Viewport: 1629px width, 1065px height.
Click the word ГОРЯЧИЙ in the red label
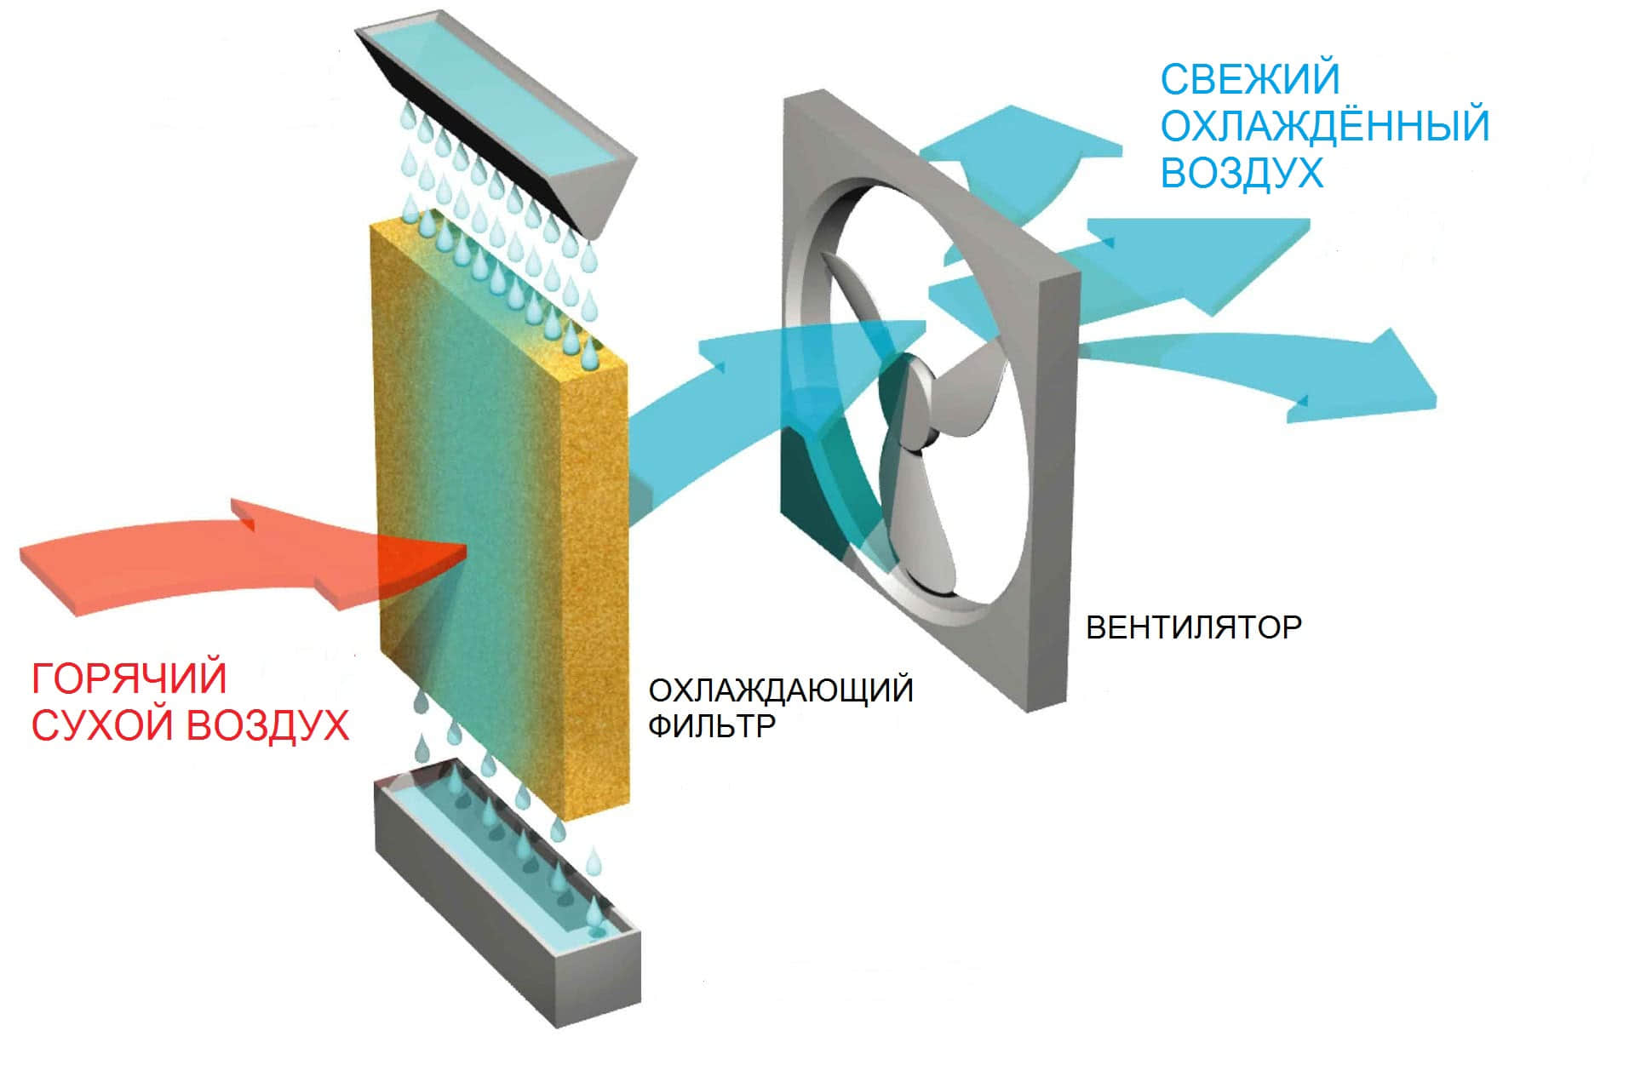tap(129, 679)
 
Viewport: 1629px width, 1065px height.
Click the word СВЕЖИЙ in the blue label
tap(1249, 80)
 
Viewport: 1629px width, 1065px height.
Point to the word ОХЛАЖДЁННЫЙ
tap(1324, 126)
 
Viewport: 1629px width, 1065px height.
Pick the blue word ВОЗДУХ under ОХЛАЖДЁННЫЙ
tap(1242, 173)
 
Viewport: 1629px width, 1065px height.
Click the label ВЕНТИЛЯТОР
tap(1193, 627)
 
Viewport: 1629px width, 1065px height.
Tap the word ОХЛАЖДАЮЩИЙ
tap(780, 690)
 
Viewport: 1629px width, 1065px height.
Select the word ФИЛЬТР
tap(711, 726)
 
